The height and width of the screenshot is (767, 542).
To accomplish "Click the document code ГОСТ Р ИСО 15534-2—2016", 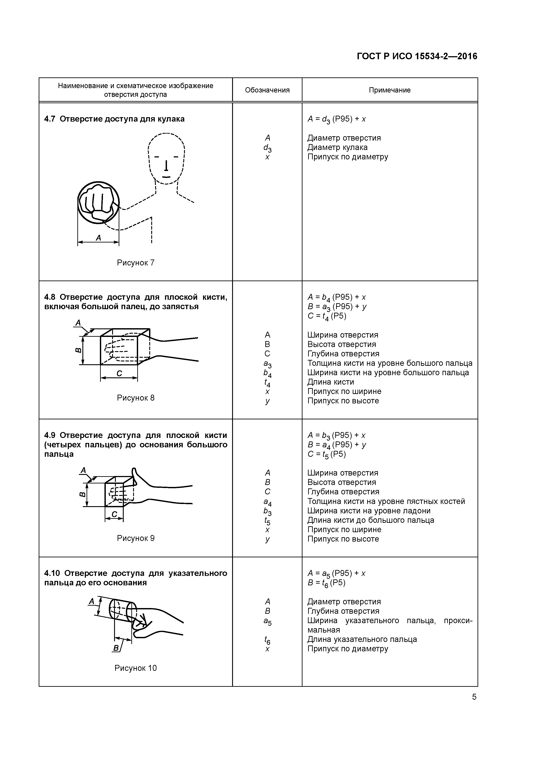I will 417,56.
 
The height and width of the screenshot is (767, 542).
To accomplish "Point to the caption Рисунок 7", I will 135,263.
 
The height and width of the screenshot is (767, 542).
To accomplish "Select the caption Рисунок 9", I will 135,538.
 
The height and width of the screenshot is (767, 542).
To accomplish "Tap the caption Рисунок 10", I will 135,668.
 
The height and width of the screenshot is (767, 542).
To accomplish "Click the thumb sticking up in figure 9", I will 135,477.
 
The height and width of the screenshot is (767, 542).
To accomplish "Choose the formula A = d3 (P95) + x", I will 336,119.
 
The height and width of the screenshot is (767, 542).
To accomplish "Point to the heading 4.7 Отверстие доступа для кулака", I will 114,119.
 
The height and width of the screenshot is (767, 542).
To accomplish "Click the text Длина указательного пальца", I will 362,639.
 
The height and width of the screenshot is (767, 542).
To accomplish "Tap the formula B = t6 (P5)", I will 326,583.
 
